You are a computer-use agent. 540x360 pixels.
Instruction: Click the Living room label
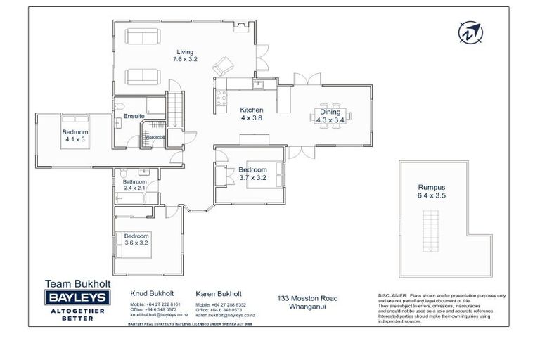click(x=185, y=56)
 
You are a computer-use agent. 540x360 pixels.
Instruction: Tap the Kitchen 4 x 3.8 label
click(x=251, y=115)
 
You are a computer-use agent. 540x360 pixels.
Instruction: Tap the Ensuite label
click(x=134, y=116)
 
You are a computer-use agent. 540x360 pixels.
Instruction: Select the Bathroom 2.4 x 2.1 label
click(x=135, y=185)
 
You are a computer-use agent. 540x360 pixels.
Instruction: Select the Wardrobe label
click(x=155, y=136)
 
